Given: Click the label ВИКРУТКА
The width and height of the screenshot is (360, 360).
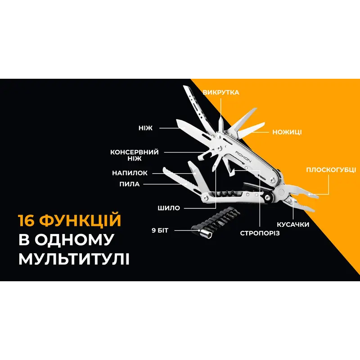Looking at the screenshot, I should (221, 92).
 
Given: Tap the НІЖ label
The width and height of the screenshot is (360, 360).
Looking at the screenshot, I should (146, 128).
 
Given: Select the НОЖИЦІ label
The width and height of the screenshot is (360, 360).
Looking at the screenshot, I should (287, 132).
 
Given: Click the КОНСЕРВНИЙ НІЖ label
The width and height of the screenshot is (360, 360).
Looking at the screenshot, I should (135, 155).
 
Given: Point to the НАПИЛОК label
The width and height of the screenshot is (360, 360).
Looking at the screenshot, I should (130, 172).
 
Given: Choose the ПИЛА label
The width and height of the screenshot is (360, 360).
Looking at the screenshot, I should (130, 184).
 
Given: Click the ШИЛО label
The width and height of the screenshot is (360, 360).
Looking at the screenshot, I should (169, 208).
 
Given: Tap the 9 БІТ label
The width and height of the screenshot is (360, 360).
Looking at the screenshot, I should (160, 231).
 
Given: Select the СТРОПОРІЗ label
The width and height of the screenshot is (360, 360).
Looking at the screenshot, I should (260, 233).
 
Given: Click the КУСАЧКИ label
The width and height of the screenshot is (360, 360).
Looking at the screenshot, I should (293, 224).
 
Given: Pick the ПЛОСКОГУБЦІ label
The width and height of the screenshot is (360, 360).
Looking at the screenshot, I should (331, 170).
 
